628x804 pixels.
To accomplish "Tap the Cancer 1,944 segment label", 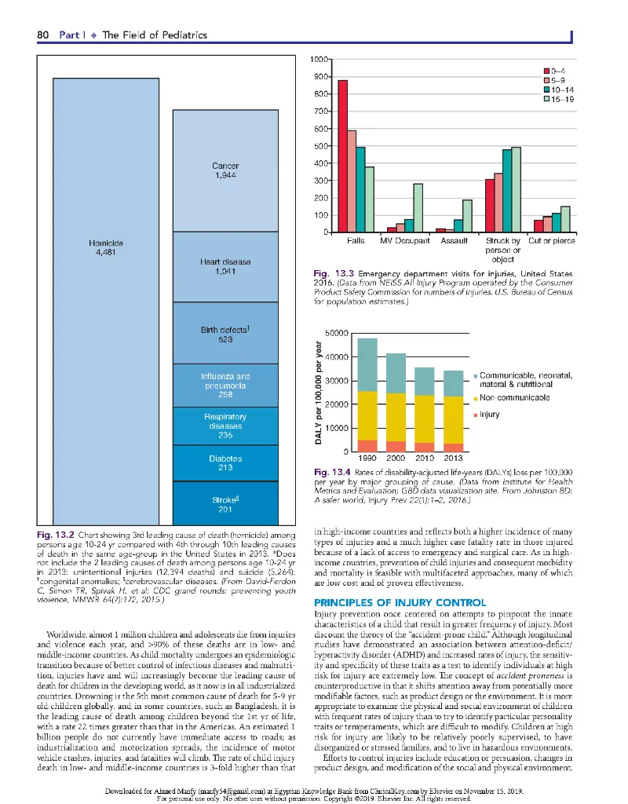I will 225,171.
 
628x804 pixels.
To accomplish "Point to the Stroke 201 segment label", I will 225,504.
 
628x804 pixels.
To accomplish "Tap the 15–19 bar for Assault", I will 467,216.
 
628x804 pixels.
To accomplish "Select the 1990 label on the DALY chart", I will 367,458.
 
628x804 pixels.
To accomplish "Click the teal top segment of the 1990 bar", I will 367,364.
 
